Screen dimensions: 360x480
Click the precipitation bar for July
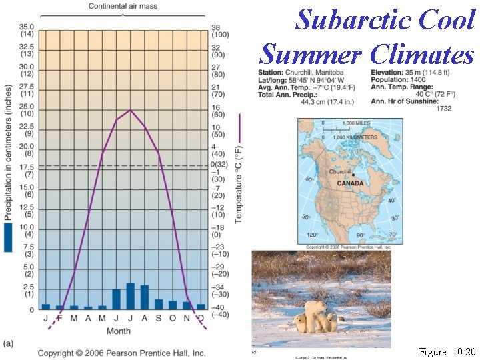tap(130, 296)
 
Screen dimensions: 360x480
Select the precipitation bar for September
tap(159, 304)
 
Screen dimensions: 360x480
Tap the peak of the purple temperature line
tap(130, 111)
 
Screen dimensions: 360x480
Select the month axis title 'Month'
tap(119, 331)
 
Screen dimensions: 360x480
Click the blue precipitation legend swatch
tap(8, 237)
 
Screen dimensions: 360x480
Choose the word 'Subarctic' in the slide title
tap(354, 20)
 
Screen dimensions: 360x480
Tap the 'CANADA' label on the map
tap(350, 183)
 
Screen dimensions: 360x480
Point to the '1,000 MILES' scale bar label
tap(357, 123)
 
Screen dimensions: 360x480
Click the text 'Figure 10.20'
tap(447, 351)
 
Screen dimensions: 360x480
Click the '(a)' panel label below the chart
tap(8, 343)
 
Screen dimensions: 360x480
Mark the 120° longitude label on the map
tap(311, 235)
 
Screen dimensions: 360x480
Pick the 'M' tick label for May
tap(102, 318)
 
